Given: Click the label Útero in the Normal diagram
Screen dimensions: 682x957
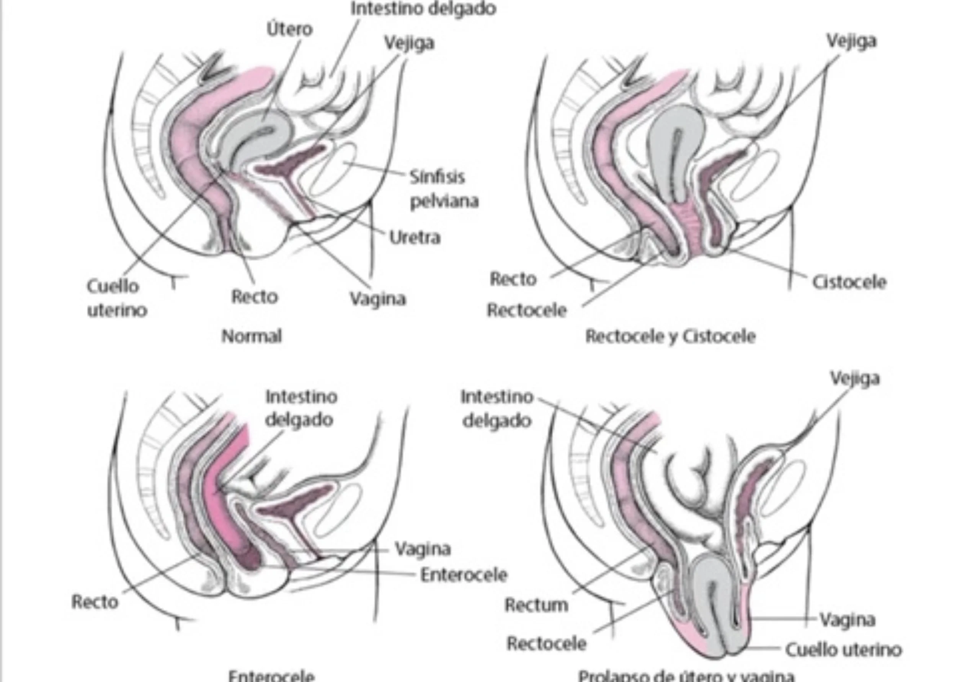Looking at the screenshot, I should tap(289, 30).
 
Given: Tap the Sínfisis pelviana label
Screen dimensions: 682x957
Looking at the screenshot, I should tap(443, 189).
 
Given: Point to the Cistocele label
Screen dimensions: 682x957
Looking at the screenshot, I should tap(849, 282).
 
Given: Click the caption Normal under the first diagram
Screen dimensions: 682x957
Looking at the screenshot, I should tap(251, 336).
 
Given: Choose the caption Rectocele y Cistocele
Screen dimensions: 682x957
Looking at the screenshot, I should tap(670, 336).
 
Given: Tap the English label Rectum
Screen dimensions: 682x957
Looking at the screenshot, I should tap(536, 605).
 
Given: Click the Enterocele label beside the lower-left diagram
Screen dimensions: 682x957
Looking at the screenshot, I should tap(464, 575).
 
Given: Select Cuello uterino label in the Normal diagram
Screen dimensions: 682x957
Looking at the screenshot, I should tap(116, 298).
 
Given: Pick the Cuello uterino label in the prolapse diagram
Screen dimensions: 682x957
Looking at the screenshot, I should tap(843, 649).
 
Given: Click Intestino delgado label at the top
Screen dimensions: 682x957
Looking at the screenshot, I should tap(423, 8).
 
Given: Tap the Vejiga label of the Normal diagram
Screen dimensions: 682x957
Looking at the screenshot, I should tap(409, 43).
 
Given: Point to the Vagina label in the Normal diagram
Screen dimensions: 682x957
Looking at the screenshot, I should tap(378, 299).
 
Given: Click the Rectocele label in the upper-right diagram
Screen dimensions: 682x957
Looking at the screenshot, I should tap(527, 310).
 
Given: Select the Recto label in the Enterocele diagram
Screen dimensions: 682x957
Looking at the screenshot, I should tap(95, 602).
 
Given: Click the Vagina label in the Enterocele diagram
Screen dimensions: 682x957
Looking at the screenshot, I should tap(422, 549).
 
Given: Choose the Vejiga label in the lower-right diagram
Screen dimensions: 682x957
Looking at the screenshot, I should tap(854, 378).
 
